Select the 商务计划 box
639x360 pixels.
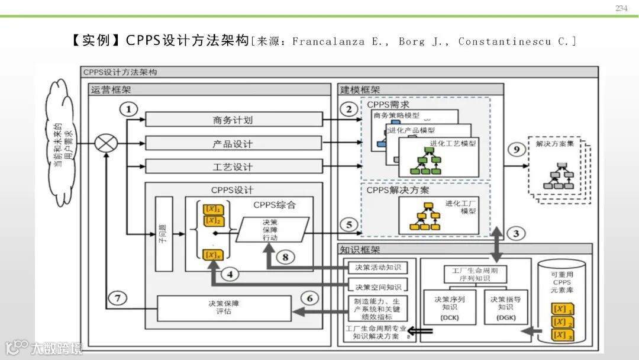coord(234,119)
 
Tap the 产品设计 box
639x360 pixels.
coord(234,143)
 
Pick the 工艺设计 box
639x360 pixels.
coord(234,166)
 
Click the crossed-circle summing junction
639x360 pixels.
coord(106,143)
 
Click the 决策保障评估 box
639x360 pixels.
coord(224,308)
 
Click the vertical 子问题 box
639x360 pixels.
coord(164,233)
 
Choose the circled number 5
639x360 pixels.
coord(349,224)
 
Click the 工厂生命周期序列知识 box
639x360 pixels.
coord(475,274)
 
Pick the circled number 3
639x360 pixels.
coord(516,233)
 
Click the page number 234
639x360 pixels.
coord(621,8)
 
